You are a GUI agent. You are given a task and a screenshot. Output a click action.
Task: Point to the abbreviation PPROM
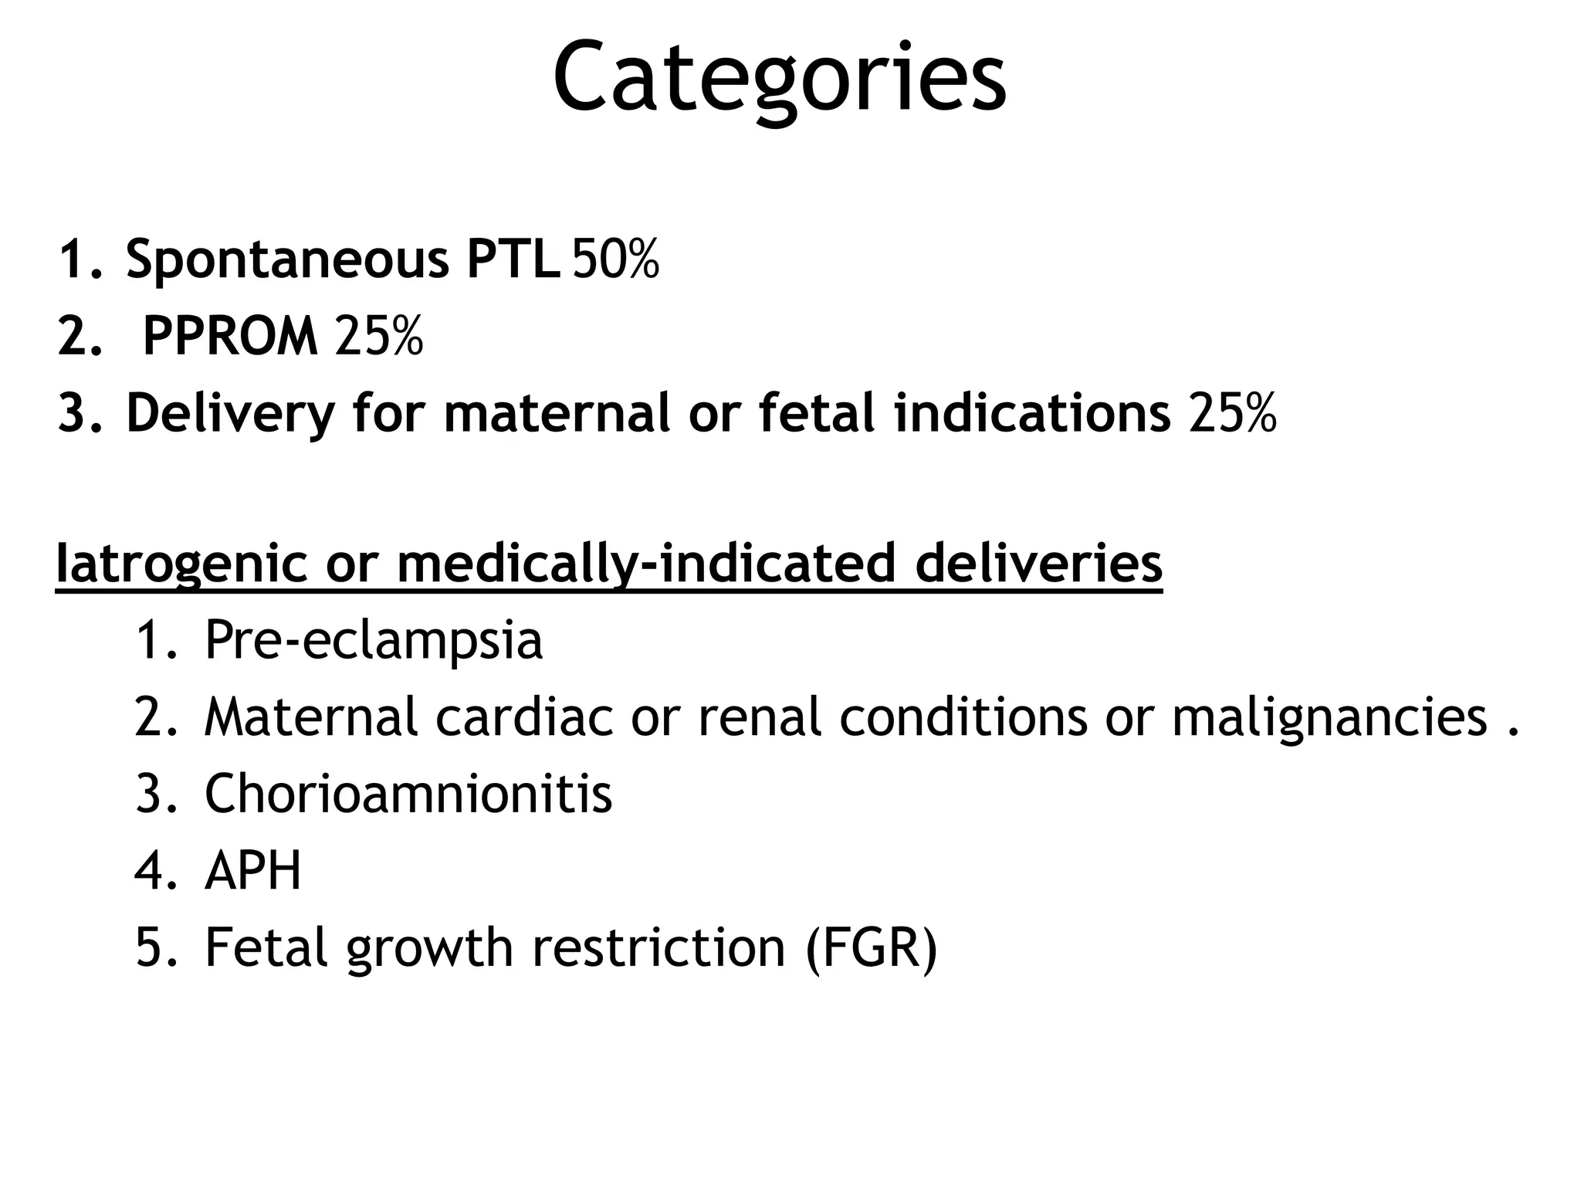click(x=230, y=337)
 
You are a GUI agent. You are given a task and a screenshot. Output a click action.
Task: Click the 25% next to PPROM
click(x=379, y=337)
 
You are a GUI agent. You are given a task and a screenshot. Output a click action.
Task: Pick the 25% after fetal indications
click(x=1233, y=413)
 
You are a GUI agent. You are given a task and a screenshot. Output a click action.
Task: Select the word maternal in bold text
click(x=557, y=413)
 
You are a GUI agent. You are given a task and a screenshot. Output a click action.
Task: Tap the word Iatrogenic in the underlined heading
click(x=181, y=565)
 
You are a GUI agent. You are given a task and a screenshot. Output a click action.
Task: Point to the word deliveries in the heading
click(x=1039, y=564)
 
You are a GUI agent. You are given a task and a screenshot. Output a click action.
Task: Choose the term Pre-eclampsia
click(x=374, y=642)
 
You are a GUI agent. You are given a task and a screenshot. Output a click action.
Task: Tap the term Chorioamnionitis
click(x=408, y=794)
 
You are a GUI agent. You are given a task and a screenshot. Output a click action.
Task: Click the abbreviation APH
click(x=252, y=871)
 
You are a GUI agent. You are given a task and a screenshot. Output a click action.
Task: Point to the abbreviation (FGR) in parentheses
click(x=871, y=948)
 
